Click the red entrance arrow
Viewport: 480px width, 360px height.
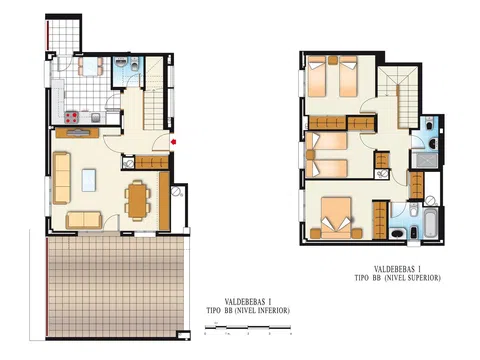pyautogui.click(x=173, y=142)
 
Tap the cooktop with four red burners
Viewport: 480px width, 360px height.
pyautogui.click(x=71, y=117)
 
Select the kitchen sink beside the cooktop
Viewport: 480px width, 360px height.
pyautogui.click(x=96, y=117)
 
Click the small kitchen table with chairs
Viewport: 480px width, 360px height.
pyautogui.click(x=91, y=66)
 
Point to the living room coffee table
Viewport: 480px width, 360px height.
pyautogui.click(x=89, y=180)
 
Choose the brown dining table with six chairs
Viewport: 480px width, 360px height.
pyautogui.click(x=137, y=201)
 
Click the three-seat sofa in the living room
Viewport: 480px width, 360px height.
pyautogui.click(x=62, y=178)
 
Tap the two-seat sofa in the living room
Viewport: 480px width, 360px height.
pyautogui.click(x=84, y=220)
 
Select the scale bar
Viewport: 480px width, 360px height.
pyautogui.click(x=248, y=328)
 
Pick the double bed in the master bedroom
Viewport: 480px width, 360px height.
pyautogui.click(x=336, y=218)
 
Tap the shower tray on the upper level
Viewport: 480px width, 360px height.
pyautogui.click(x=425, y=161)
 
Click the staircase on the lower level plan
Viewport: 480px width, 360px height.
pyautogui.click(x=155, y=94)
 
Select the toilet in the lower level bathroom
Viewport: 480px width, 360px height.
pyautogui.click(x=135, y=64)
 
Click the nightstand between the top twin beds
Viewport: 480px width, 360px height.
pyautogui.click(x=333, y=60)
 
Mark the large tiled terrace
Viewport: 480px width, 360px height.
pyautogui.click(x=115, y=287)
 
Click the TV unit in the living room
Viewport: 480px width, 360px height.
pyautogui.click(x=77, y=133)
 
